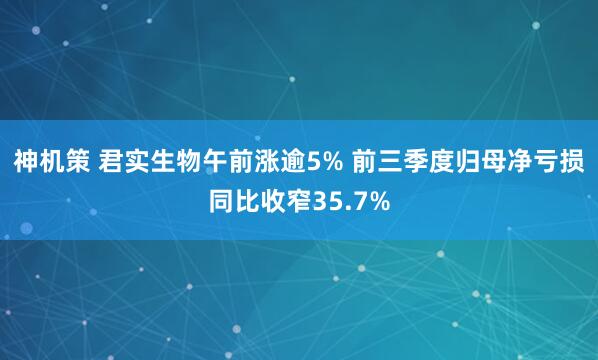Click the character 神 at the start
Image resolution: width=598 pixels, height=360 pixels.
(24, 161)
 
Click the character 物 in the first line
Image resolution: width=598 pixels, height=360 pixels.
(194, 161)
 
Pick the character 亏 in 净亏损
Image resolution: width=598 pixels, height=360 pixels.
(551, 161)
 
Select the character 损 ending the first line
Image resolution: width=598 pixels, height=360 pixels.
(577, 161)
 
